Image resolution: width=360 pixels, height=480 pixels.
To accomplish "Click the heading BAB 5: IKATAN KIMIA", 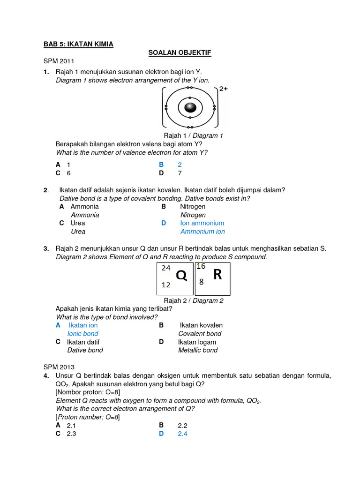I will [78, 44].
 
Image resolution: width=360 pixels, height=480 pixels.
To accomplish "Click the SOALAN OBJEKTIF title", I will [180, 53].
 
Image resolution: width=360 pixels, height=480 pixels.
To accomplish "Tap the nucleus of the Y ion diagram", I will [189, 107].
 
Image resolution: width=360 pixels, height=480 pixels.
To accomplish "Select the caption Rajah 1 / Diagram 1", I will [193, 135].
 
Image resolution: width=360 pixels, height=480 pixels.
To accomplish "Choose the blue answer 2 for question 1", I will [180, 165].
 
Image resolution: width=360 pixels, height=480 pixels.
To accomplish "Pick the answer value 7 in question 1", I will [180, 173].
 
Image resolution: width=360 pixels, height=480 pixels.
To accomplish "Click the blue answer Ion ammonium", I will [202, 223].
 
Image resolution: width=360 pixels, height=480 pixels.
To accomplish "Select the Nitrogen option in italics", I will [193, 215].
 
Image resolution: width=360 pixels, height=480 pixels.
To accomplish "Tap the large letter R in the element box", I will [217, 275].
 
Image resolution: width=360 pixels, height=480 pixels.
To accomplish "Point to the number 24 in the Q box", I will [166, 268].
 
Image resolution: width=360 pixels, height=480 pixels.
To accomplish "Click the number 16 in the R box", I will [201, 267].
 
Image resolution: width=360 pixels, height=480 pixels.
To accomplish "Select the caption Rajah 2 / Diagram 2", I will [193, 300].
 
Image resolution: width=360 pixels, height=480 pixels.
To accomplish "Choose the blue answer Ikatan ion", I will [83, 325].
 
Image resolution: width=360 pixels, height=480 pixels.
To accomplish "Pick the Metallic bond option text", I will [198, 350].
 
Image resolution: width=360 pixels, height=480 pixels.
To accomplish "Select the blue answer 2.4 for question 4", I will [182, 434].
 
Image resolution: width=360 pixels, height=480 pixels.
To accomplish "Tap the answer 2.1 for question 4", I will [72, 425].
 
